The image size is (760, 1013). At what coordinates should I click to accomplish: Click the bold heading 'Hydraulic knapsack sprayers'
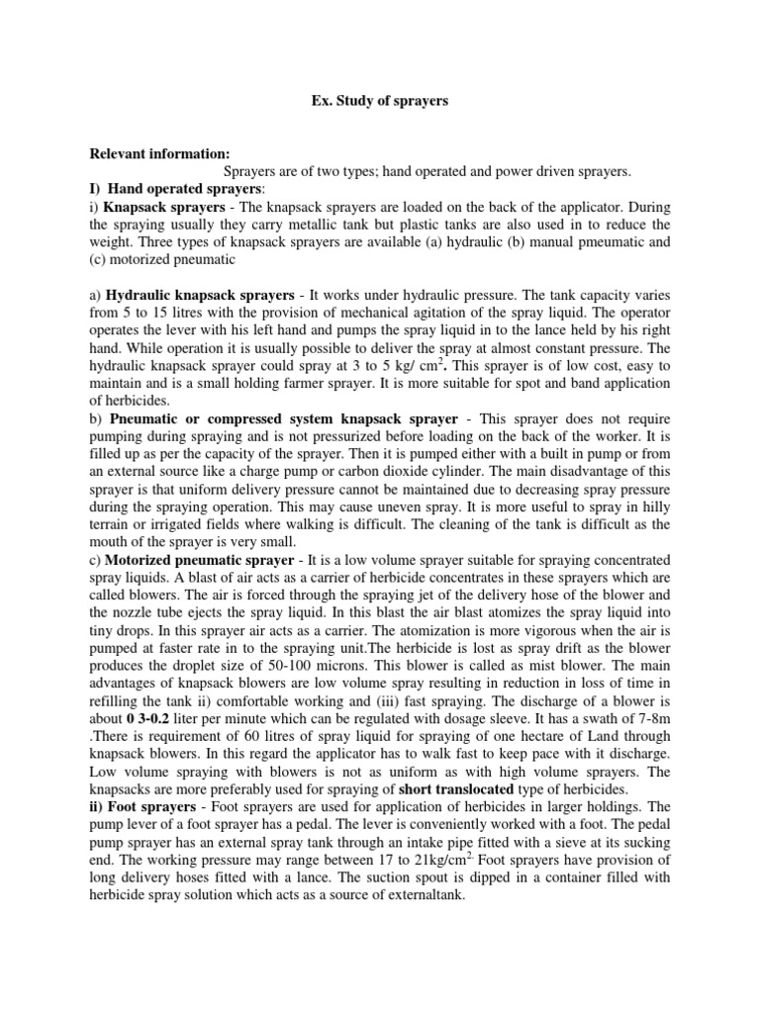tap(194, 297)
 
